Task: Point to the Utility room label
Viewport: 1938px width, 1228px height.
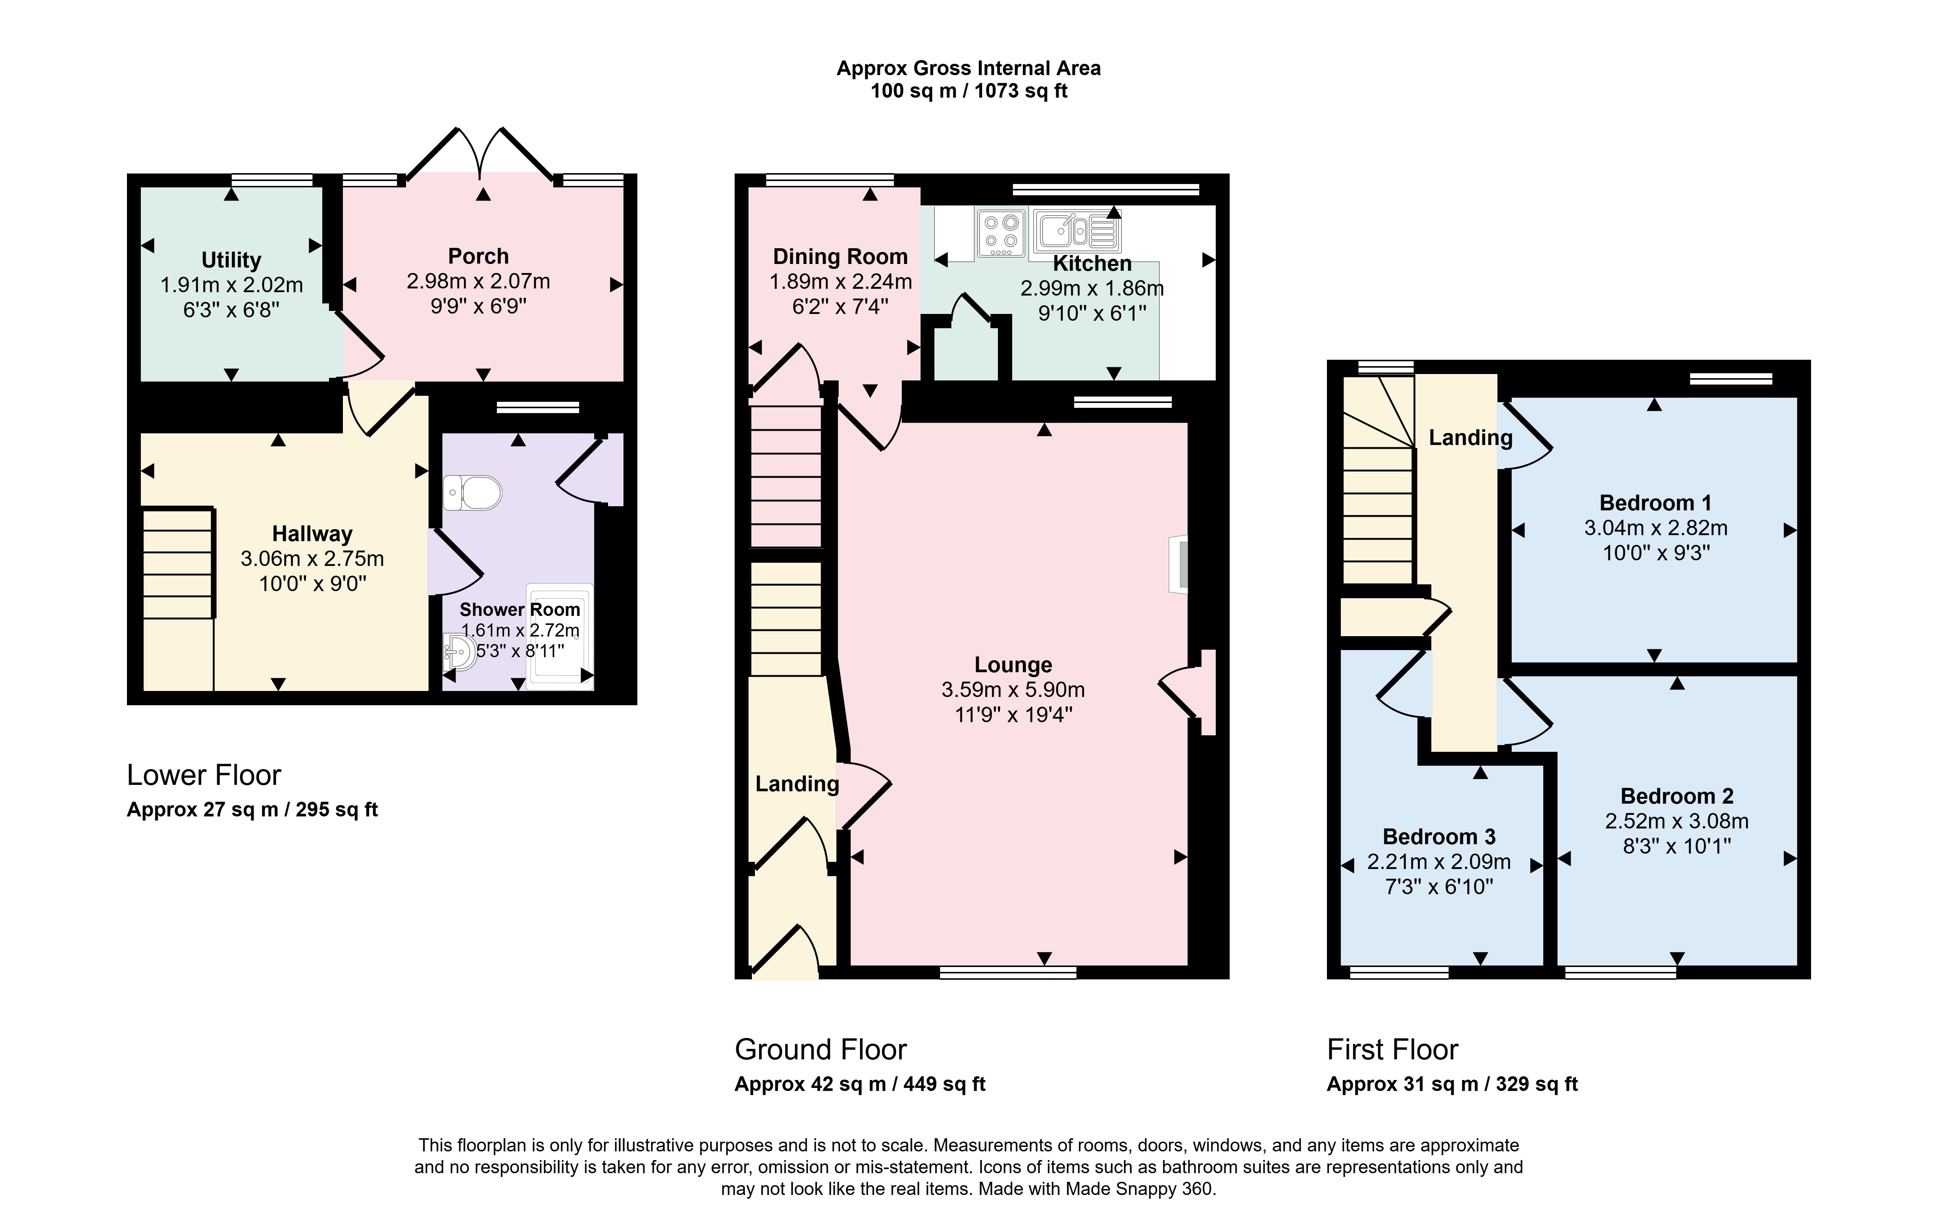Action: [x=231, y=260]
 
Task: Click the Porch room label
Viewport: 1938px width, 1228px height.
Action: [x=478, y=256]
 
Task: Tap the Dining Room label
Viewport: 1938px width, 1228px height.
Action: [x=840, y=257]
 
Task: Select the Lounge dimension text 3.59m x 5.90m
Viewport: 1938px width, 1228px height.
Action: [x=1013, y=689]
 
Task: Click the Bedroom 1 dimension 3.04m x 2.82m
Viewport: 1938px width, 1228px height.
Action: [x=1656, y=528]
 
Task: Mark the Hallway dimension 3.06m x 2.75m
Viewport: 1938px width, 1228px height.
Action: [x=312, y=558]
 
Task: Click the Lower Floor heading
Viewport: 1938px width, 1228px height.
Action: [x=204, y=775]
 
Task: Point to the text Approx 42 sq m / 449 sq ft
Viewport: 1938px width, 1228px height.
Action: [x=860, y=1084]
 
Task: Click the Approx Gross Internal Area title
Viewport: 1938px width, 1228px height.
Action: [x=969, y=68]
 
